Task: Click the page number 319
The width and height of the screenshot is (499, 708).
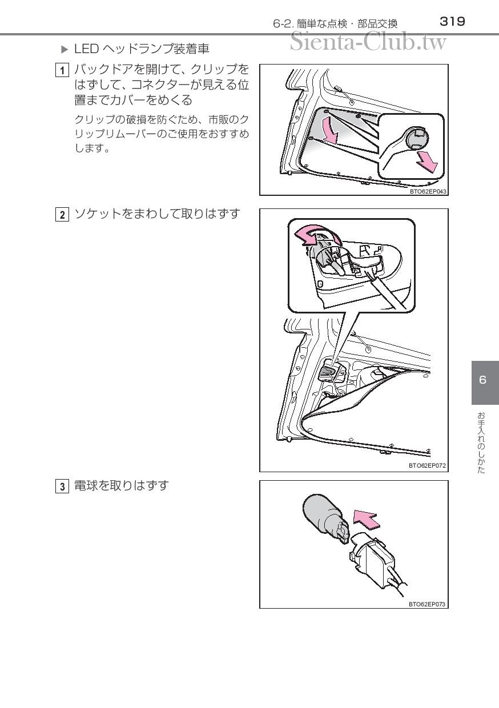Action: (x=452, y=22)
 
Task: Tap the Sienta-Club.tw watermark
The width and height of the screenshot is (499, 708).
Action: (x=368, y=42)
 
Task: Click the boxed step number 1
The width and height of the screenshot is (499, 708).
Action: (x=62, y=70)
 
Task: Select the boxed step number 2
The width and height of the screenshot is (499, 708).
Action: (x=62, y=215)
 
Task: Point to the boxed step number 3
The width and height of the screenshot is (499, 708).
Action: (x=62, y=486)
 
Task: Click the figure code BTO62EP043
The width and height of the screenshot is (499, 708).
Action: (x=428, y=191)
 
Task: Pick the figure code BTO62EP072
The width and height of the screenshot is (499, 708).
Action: (x=427, y=465)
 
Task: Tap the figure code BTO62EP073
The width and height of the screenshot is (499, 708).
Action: (x=427, y=604)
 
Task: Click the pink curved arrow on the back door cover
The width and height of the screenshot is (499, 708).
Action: (x=330, y=131)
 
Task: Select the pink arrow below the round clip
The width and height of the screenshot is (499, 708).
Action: (x=427, y=162)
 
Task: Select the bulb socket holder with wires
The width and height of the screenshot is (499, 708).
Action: (x=377, y=562)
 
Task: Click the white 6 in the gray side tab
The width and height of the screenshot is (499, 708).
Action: (x=482, y=380)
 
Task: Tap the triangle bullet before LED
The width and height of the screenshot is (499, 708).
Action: (x=65, y=50)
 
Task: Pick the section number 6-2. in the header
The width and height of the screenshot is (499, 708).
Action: (x=284, y=24)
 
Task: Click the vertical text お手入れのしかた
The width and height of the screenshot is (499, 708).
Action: (x=481, y=443)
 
